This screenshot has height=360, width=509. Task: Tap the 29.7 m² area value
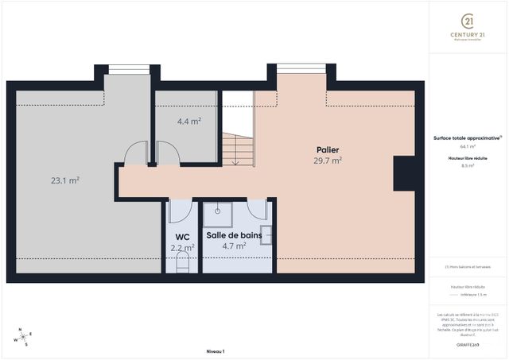point(328,160)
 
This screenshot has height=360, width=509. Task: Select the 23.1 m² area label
point(65,180)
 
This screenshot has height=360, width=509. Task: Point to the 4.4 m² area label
point(188,122)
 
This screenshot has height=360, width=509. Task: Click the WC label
point(182,236)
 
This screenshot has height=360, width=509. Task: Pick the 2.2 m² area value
point(182,247)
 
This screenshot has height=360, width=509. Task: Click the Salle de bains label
point(234,235)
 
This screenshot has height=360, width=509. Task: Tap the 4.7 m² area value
point(233,246)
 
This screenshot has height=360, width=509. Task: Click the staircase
point(236,148)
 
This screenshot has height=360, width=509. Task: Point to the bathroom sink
point(266,234)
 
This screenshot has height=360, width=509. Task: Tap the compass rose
point(24,337)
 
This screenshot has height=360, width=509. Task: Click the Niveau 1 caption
point(216,350)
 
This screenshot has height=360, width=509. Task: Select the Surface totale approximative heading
point(468,137)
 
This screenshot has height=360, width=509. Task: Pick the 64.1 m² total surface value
point(468,146)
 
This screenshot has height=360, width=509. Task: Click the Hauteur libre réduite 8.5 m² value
point(468,166)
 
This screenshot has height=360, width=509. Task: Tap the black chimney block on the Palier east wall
point(404,172)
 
